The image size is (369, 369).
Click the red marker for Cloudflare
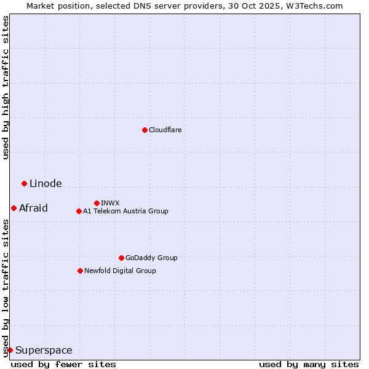pyautogui.click(x=145, y=130)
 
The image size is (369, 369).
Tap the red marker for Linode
pyautogui.click(x=24, y=183)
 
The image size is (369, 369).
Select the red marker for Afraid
pyautogui.click(x=14, y=208)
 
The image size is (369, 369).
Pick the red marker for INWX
pyautogui.click(x=97, y=203)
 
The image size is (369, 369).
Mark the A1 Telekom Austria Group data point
pyautogui.click(x=79, y=211)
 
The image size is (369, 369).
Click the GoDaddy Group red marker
pyautogui.click(x=121, y=258)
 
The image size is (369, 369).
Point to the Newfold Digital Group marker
pyautogui.click(x=80, y=271)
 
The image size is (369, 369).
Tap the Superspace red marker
pyautogui.click(x=10, y=350)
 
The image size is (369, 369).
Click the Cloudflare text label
pyautogui.click(x=165, y=130)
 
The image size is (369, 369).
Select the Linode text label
pyautogui.click(x=46, y=183)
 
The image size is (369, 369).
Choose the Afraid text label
pyautogui.click(x=33, y=208)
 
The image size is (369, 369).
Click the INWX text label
pyautogui.click(x=110, y=203)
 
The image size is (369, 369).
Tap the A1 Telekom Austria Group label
pyautogui.click(x=125, y=211)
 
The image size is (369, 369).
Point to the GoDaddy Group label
pyautogui.click(x=151, y=258)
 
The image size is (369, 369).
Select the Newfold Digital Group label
pyautogui.click(x=120, y=271)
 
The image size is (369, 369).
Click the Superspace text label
pyautogui.click(x=44, y=351)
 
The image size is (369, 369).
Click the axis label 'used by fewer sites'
pyautogui.click(x=63, y=364)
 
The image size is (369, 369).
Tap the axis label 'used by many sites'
pyautogui.click(x=309, y=364)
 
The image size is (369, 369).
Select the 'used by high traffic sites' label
pyautogui.click(x=6, y=87)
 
